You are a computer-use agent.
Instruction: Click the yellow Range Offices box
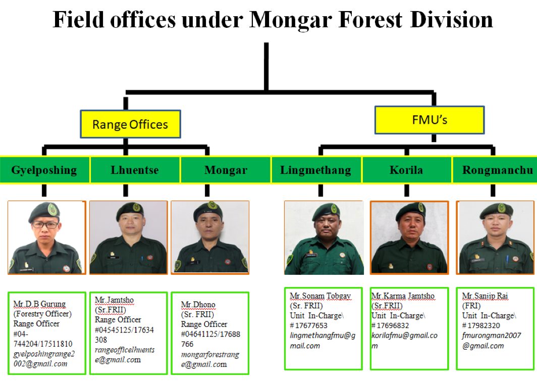coord(131,124)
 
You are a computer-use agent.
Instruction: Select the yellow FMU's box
coord(429,120)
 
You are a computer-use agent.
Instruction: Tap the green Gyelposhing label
coord(44,170)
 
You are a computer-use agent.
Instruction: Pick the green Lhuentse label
coord(135,170)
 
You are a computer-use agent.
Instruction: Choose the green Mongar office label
coord(226,170)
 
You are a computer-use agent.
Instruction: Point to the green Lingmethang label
coord(316,170)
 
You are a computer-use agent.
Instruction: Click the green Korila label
coord(406,170)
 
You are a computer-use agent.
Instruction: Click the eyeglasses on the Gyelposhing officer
coord(45,225)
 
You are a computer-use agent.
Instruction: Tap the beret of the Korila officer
coord(411,210)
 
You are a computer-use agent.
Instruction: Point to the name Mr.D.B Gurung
coord(39,304)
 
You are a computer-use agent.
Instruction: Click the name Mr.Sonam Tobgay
coord(320,296)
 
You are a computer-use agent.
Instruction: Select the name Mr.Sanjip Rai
coord(485,296)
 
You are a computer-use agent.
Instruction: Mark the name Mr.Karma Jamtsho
coord(403,296)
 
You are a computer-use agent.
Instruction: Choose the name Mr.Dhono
coord(198,305)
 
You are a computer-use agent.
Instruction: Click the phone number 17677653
coord(311,325)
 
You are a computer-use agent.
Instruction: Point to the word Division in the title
coord(451,20)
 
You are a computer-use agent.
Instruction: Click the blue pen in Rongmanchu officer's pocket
coord(507,259)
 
